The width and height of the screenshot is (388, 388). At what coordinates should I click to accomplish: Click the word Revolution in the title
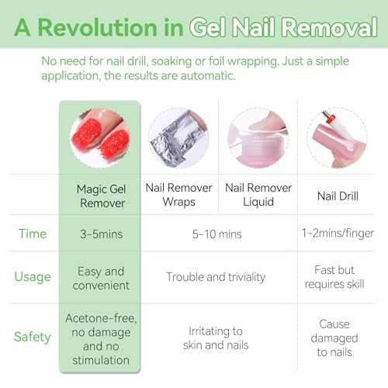98,27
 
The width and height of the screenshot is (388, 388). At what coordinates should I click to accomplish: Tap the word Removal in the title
329,27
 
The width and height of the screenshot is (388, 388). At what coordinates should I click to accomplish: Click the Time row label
33,234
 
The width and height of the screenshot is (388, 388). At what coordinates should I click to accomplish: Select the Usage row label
33,276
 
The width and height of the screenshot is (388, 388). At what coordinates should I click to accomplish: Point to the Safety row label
33,337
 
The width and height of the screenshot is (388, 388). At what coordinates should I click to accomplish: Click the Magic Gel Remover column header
102,196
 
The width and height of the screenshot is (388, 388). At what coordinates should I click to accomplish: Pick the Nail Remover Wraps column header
179,195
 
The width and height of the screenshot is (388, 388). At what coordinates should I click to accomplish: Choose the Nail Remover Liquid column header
258,195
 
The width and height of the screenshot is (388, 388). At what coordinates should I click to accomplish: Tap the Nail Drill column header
338,196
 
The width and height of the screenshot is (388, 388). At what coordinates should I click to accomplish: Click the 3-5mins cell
102,234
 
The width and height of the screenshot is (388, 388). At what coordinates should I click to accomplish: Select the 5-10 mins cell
217,234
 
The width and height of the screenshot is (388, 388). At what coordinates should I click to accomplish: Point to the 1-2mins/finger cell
338,234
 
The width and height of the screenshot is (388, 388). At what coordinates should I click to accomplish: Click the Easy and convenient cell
101,279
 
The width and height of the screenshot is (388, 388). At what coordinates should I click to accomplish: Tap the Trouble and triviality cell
216,277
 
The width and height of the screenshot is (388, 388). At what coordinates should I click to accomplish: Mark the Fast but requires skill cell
334,277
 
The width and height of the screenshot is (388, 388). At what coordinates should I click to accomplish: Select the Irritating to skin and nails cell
216,338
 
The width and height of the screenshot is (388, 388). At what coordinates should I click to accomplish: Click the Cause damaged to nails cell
334,338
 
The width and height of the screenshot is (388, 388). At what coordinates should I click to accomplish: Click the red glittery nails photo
100,138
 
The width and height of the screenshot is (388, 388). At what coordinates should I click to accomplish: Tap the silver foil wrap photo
178,138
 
